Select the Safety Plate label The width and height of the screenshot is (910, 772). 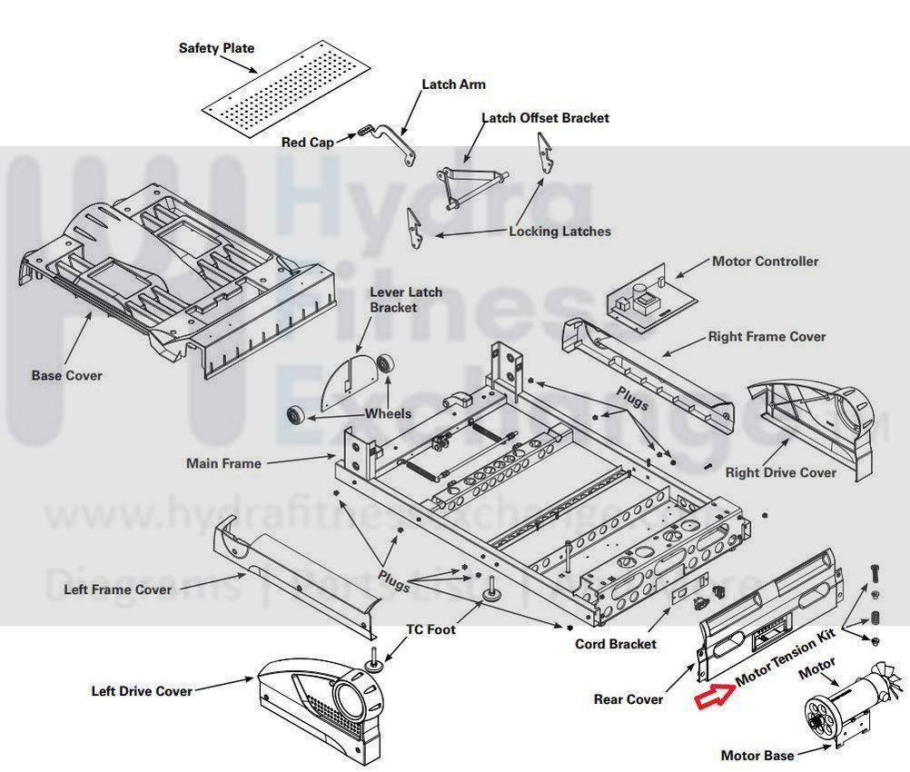tap(216, 48)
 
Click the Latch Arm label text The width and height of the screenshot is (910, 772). tap(453, 84)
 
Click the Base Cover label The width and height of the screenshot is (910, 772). tap(66, 375)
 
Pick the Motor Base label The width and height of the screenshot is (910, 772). tap(757, 756)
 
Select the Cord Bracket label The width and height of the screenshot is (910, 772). tap(615, 644)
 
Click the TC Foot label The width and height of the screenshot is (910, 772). tap(430, 629)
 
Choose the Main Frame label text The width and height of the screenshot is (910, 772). tap(223, 463)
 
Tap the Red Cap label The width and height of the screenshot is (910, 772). tap(307, 142)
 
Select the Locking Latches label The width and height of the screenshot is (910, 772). tap(559, 232)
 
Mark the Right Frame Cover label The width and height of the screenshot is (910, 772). tap(767, 337)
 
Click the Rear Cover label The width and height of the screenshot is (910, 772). tap(628, 699)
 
